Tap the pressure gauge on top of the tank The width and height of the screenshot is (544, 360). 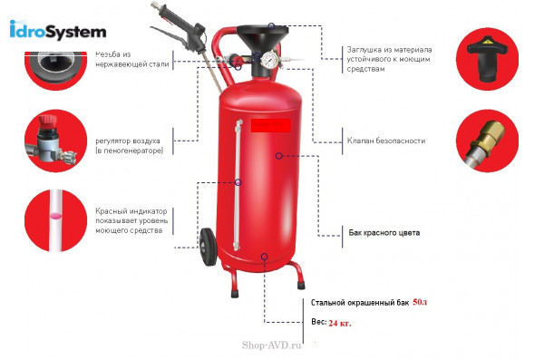pos(270,62)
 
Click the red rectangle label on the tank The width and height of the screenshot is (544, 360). pos(270,129)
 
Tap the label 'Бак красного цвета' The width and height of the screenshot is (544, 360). pos(384,233)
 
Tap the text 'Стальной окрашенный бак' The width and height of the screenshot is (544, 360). pos(359,303)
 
